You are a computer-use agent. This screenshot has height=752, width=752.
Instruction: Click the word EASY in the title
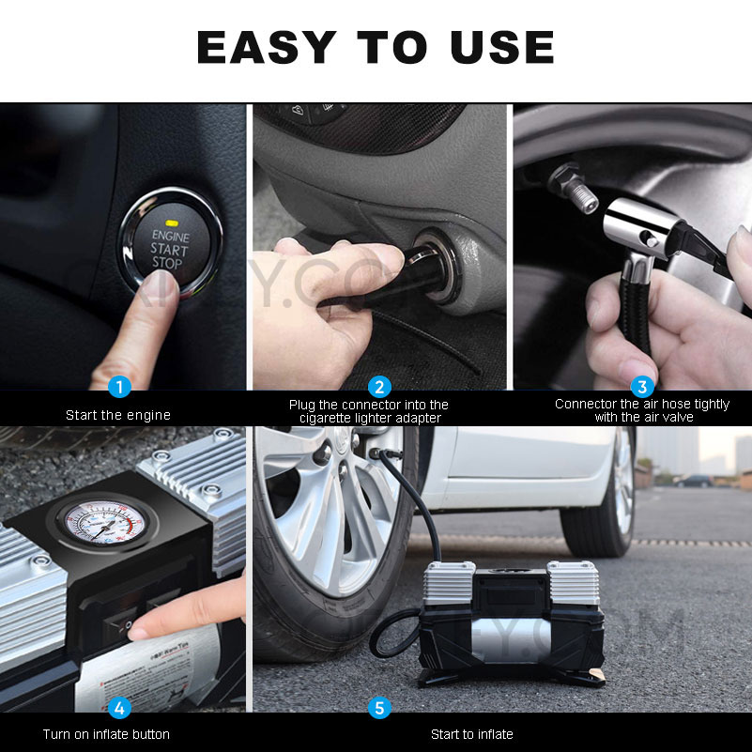266,47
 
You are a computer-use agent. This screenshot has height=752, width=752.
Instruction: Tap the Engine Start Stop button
170,248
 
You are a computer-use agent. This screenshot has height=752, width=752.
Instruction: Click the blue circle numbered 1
119,386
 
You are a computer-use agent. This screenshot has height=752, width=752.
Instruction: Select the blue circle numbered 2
379,386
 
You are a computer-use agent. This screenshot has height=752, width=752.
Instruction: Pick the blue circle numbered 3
642,386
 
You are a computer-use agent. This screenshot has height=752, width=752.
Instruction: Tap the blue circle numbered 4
119,707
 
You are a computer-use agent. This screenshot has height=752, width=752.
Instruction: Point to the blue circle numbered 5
379,707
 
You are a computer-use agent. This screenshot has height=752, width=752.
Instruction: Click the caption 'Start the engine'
118,414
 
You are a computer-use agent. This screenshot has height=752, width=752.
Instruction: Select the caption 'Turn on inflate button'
106,734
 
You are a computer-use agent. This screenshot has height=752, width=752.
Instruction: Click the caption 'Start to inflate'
472,734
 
